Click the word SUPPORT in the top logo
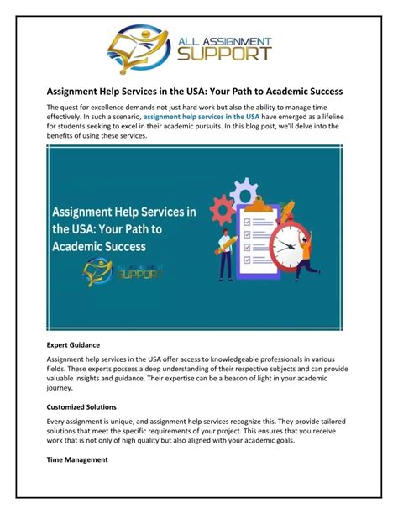(223, 54)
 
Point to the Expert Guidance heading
(74, 344)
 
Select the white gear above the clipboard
(244, 191)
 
